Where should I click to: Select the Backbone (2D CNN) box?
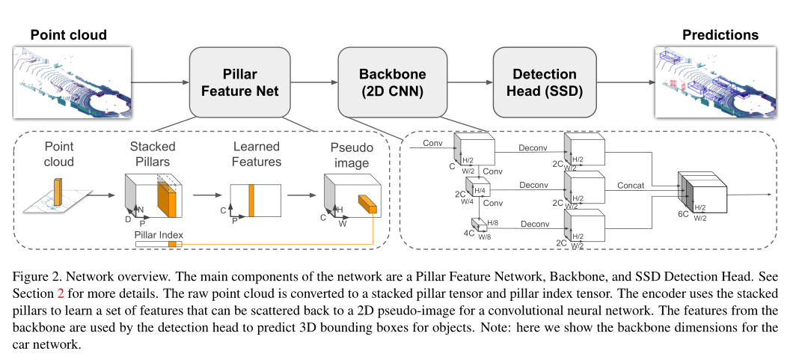click(x=393, y=82)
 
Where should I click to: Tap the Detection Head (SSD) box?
click(x=545, y=82)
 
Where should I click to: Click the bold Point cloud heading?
click(x=68, y=35)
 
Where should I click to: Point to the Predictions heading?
click(x=720, y=35)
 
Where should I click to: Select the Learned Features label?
click(x=256, y=153)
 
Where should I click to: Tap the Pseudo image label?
click(x=352, y=153)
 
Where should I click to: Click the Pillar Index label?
click(x=158, y=235)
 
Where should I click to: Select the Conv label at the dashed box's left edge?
click(x=432, y=143)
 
